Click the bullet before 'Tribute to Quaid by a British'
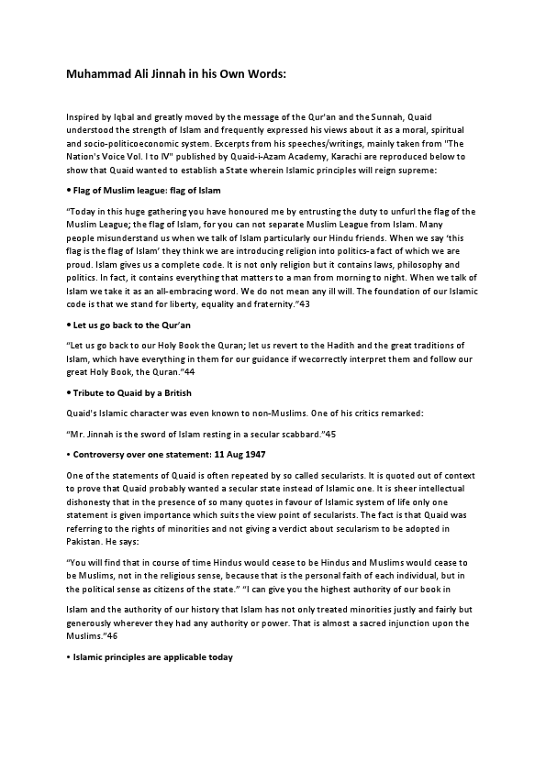coord(69,392)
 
